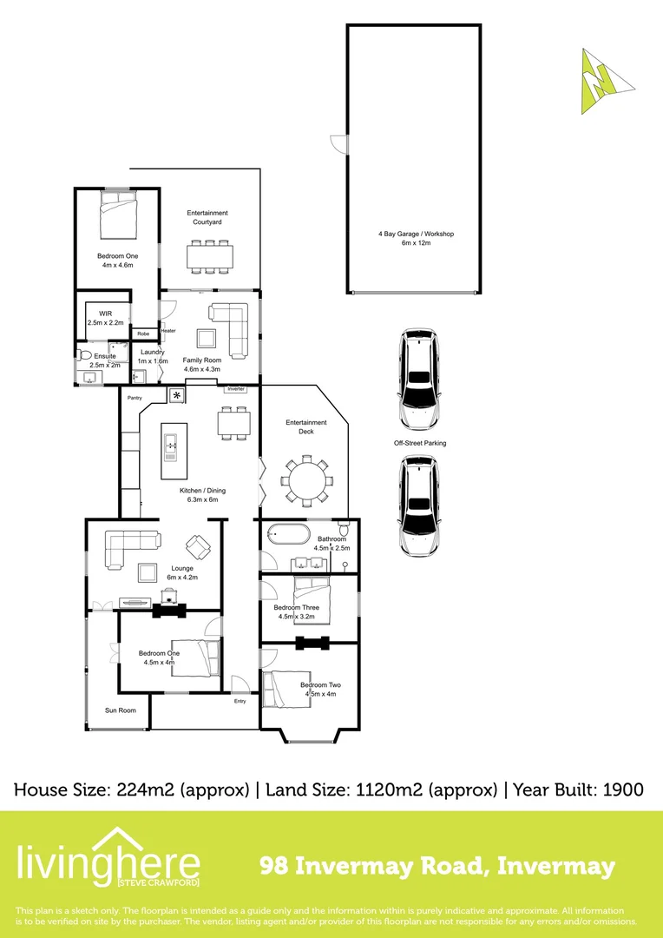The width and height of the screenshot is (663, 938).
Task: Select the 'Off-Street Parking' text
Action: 420,443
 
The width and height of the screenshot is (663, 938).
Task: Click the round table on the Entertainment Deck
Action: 306,479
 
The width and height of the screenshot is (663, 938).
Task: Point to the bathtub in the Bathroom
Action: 287,533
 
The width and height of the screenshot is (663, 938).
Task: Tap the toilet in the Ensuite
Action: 84,355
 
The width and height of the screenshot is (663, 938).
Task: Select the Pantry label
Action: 135,398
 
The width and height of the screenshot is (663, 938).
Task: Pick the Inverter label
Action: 236,389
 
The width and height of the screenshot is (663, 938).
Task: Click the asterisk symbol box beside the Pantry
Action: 178,396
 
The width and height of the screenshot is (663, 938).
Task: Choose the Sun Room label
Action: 121,710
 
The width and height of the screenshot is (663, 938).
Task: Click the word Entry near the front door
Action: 240,701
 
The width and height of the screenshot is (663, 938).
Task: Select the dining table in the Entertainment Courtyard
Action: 210,255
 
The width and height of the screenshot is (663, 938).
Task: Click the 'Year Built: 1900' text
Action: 578,789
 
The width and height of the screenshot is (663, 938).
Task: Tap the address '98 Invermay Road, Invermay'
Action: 438,866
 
